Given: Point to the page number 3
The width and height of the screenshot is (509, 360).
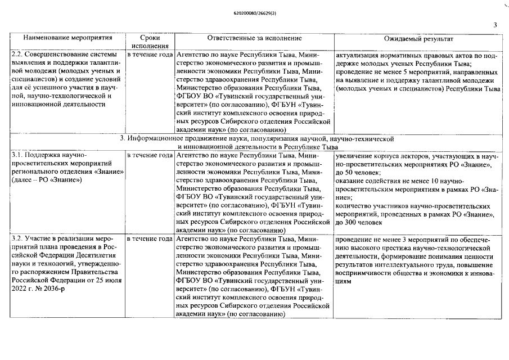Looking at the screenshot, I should pos(495,25).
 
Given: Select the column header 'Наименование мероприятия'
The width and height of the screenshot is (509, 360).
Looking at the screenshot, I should pos(67,38).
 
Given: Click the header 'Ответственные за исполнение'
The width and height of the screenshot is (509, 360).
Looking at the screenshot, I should pos(254,38).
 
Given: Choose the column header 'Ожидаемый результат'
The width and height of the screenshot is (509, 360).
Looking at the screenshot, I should pos(418,38).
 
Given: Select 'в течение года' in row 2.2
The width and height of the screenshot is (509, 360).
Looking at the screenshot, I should pos(149,56).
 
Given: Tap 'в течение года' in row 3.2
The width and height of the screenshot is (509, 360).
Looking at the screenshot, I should pos(149,240).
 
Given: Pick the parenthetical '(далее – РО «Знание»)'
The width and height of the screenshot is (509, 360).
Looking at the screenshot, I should pos(47,180).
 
